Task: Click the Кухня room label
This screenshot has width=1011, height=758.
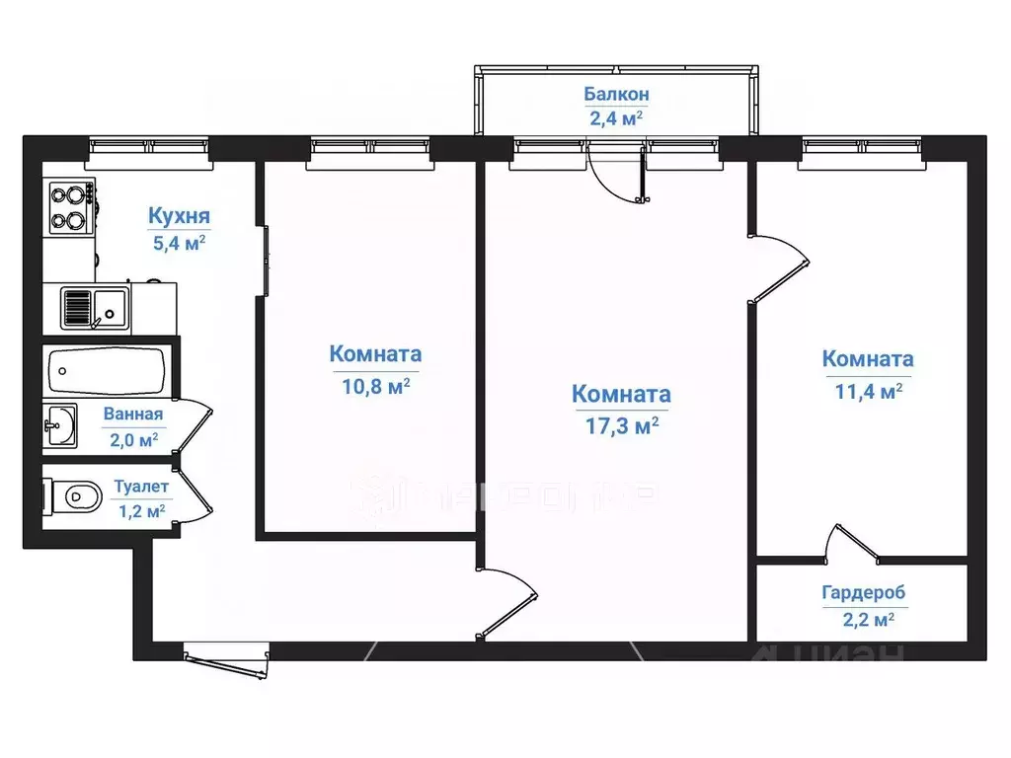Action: click(179, 216)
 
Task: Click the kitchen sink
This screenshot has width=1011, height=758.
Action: click(93, 307)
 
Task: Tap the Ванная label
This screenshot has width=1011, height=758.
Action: click(133, 416)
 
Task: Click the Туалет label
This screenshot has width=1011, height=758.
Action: click(141, 487)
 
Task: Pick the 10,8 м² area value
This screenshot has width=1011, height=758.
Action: click(375, 386)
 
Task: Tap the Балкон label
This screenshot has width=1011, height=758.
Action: click(616, 95)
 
